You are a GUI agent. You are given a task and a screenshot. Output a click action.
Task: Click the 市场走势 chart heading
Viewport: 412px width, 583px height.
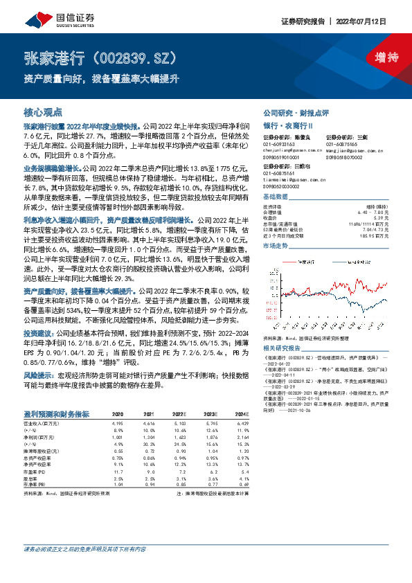point(276,246)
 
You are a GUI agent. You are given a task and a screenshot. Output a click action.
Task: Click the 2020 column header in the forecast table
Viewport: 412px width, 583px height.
point(118,414)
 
